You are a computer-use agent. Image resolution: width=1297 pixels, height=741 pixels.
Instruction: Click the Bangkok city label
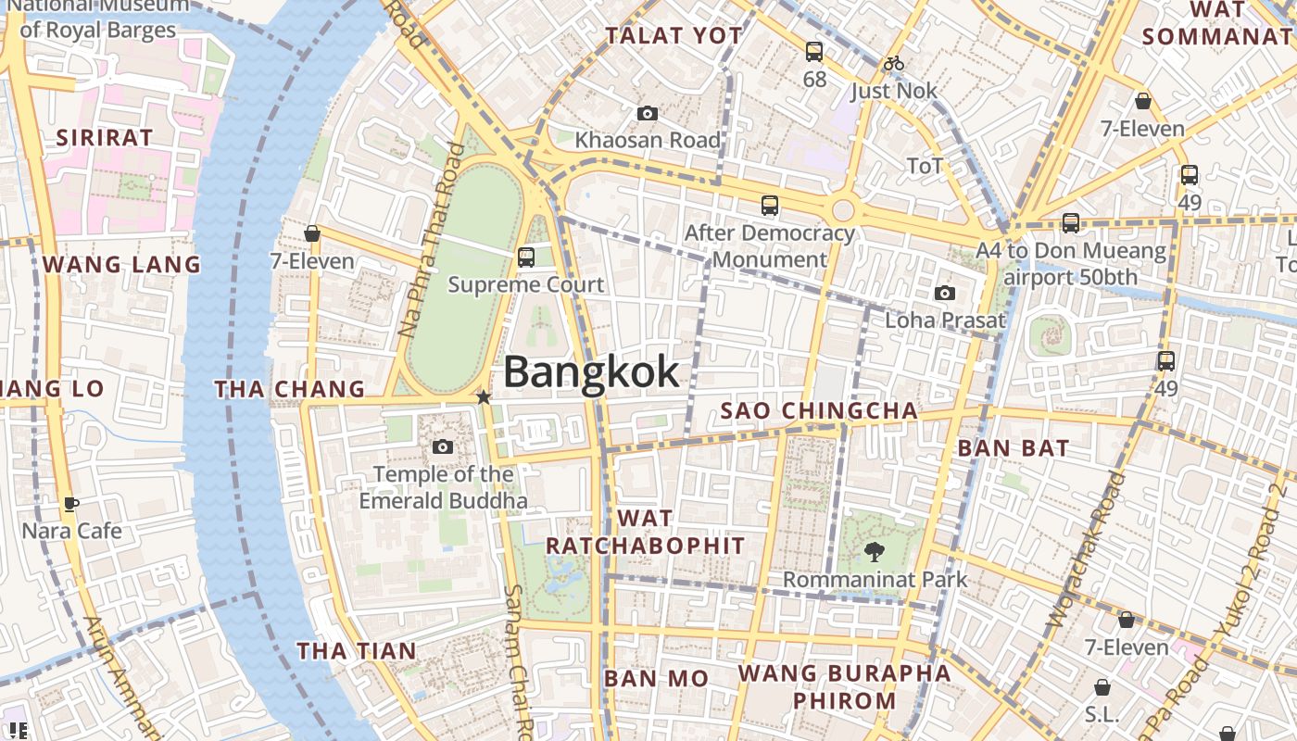point(591,372)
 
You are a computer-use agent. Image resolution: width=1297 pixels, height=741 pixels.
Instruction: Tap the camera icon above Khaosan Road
point(648,114)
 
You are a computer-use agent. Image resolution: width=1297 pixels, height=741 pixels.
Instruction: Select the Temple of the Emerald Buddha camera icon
point(443,447)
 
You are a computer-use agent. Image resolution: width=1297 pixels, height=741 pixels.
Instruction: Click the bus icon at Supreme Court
point(526,257)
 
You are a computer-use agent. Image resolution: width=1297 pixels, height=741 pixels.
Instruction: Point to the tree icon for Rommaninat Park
point(874,553)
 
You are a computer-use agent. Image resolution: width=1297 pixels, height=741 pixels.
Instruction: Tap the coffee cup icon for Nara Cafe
point(71,504)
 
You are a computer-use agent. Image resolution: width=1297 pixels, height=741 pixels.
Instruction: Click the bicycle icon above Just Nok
point(894,64)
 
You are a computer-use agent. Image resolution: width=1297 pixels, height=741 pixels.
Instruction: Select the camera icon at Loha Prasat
point(945,294)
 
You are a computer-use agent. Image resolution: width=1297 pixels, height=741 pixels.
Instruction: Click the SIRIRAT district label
point(105,138)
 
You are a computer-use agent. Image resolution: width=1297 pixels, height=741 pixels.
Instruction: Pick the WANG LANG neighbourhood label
point(121,265)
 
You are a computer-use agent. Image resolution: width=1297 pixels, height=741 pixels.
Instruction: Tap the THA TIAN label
point(357,651)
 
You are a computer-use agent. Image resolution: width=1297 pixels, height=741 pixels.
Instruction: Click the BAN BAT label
point(1014,448)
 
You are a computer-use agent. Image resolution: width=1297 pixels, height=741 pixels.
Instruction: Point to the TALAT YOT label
point(674,36)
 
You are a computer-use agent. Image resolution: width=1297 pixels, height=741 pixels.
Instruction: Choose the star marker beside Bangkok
point(484,397)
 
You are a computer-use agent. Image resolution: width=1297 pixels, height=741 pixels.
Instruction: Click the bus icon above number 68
point(814,52)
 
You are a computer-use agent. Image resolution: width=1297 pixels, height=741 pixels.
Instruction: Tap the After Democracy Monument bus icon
point(770,206)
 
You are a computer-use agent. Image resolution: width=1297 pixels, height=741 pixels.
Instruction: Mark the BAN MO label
point(657,679)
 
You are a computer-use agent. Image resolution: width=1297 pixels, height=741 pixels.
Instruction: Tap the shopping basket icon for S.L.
point(1102,687)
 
